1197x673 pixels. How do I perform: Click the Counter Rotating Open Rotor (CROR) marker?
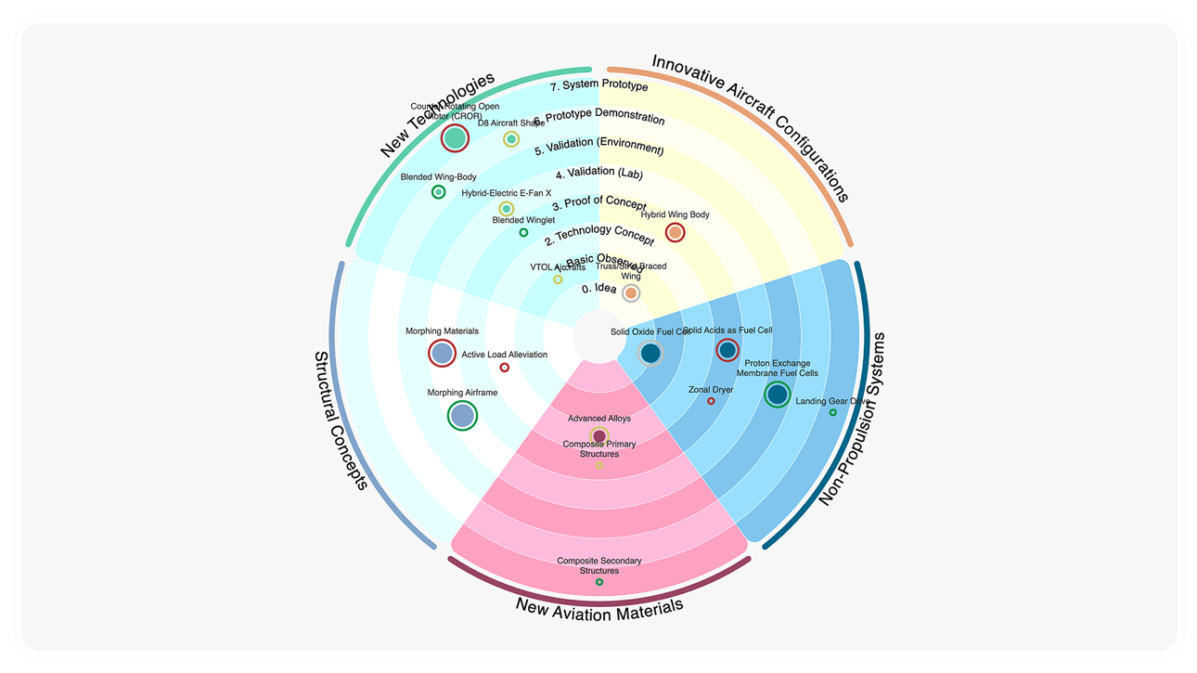(x=455, y=138)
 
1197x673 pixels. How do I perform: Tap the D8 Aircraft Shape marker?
(x=511, y=139)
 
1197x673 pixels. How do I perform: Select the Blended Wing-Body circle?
(x=438, y=192)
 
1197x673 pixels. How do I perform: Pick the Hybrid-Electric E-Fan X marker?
(x=506, y=209)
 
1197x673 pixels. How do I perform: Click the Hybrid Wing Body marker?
(x=675, y=232)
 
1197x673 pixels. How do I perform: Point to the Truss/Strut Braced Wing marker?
(x=631, y=293)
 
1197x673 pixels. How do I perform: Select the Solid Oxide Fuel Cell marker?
(x=650, y=354)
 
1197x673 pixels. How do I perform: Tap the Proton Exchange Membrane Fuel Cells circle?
(x=778, y=395)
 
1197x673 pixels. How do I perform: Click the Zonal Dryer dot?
(x=712, y=401)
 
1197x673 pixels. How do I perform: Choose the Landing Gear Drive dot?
(x=832, y=413)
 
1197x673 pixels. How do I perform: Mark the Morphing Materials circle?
(x=443, y=353)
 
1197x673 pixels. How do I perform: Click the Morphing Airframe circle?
(x=462, y=415)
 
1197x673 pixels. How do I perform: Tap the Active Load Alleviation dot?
(x=505, y=368)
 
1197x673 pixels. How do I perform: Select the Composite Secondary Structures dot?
(x=599, y=582)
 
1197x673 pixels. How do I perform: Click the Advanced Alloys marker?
(x=599, y=435)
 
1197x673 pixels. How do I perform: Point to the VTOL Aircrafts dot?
(x=558, y=279)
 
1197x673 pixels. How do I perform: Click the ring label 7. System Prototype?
(x=598, y=86)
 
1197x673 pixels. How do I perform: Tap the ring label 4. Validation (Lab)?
(x=598, y=174)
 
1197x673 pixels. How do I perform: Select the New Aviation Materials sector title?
(x=599, y=607)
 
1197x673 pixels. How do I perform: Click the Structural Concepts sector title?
(x=340, y=420)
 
